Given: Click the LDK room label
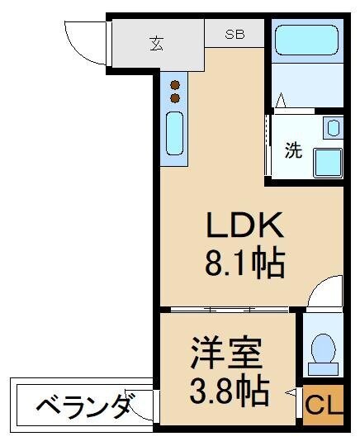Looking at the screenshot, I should [244, 226].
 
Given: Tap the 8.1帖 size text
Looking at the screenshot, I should [244, 264].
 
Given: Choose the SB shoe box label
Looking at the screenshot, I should [235, 36].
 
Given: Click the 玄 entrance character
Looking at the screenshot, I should [157, 42].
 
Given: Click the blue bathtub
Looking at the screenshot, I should [306, 39].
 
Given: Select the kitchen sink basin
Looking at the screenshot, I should [174, 133].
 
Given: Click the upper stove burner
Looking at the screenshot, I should [175, 83].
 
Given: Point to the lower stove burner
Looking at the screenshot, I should [175, 98].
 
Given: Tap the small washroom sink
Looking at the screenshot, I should [333, 128].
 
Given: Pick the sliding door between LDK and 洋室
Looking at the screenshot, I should [225, 310].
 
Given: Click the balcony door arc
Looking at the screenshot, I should [143, 405].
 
